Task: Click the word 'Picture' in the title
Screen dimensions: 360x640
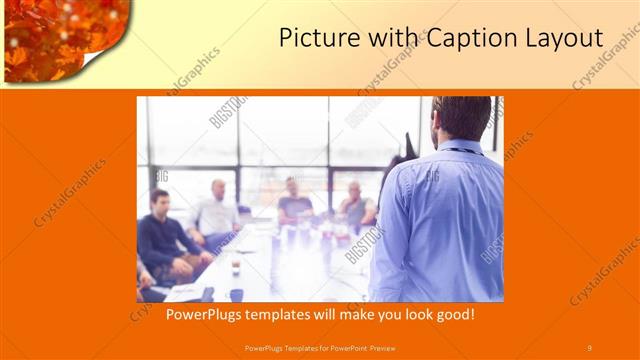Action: pyautogui.click(x=312, y=39)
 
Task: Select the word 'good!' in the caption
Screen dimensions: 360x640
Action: pyautogui.click(x=450, y=314)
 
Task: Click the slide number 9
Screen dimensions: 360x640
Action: pyautogui.click(x=589, y=347)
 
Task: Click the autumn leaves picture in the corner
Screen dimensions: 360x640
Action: pyautogui.click(x=55, y=30)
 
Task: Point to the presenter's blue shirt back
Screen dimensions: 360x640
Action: pyautogui.click(x=440, y=220)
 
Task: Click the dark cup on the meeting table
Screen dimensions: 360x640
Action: pyautogui.click(x=236, y=294)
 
